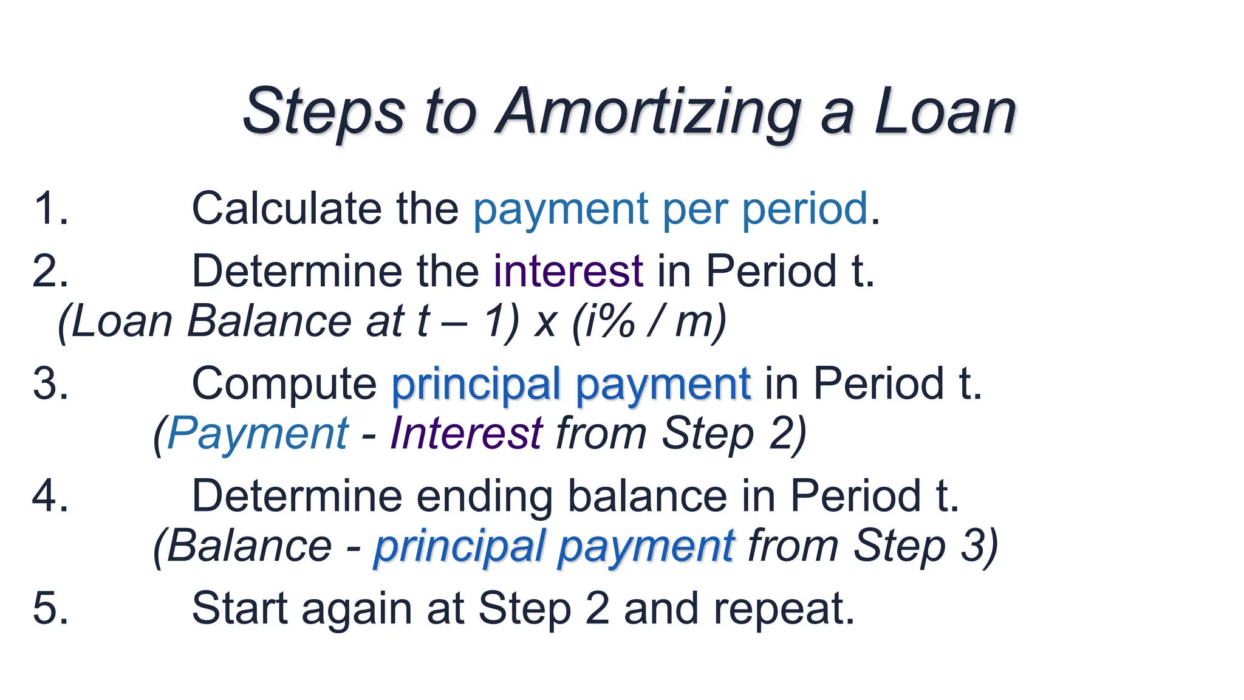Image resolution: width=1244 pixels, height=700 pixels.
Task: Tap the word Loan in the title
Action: click(945, 113)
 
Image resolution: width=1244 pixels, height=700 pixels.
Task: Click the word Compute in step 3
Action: click(284, 384)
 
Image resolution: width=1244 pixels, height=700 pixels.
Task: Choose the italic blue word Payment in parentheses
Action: click(258, 434)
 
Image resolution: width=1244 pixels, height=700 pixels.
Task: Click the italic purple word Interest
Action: click(466, 434)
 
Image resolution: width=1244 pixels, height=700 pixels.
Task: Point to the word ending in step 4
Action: click(484, 496)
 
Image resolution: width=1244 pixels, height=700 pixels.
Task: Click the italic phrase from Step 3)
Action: click(872, 546)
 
